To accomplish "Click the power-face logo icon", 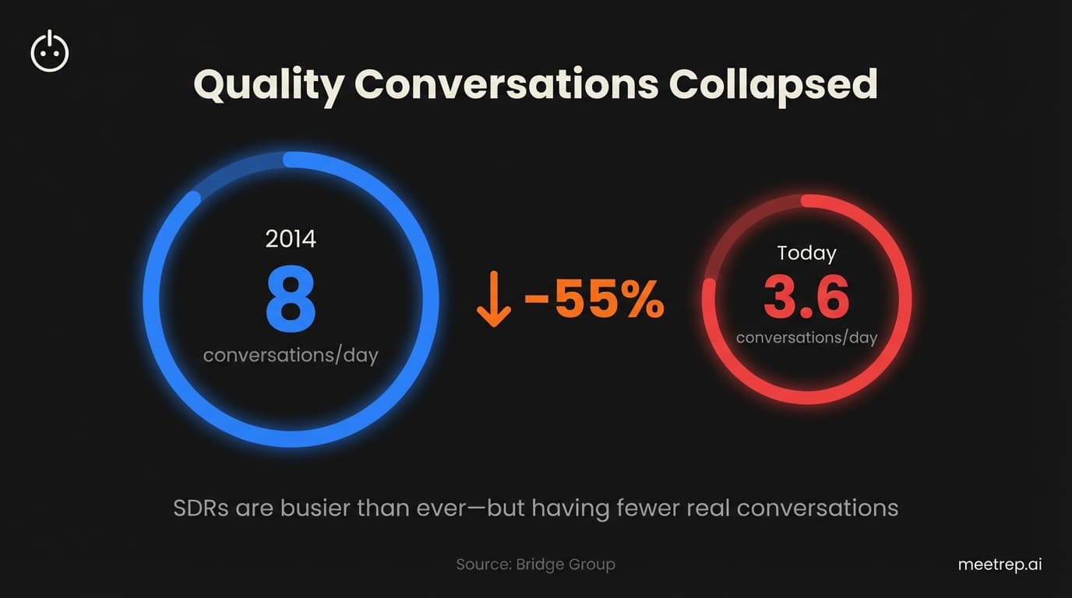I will [x=50, y=52].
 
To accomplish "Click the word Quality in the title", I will [x=267, y=84].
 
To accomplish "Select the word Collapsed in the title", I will [x=773, y=84].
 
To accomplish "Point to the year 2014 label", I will [x=291, y=238].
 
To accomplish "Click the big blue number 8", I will [x=291, y=300].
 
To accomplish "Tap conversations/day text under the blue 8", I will [x=291, y=356].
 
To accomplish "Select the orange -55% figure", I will [x=594, y=300].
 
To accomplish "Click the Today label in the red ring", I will [x=806, y=253].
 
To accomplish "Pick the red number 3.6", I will [x=806, y=297].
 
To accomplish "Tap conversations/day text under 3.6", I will [x=806, y=338].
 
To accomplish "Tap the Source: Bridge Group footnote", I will [x=535, y=565].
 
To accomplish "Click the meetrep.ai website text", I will [x=1000, y=565].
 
